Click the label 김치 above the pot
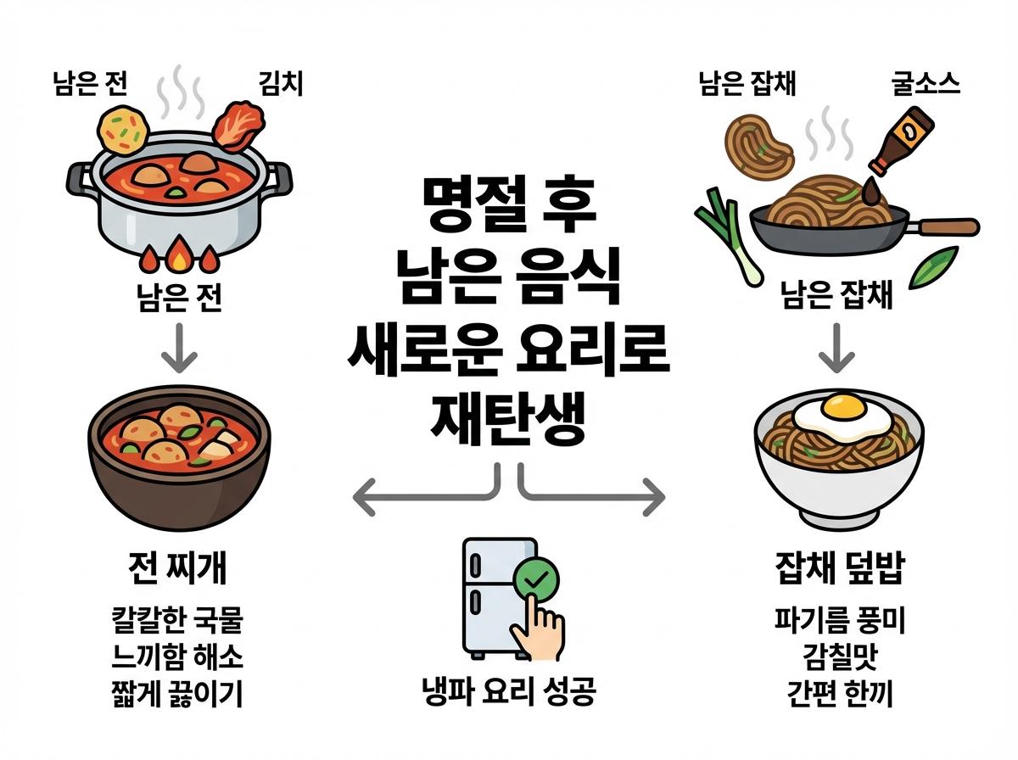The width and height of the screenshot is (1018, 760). click(x=280, y=83)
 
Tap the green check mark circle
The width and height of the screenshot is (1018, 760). click(x=536, y=583)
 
